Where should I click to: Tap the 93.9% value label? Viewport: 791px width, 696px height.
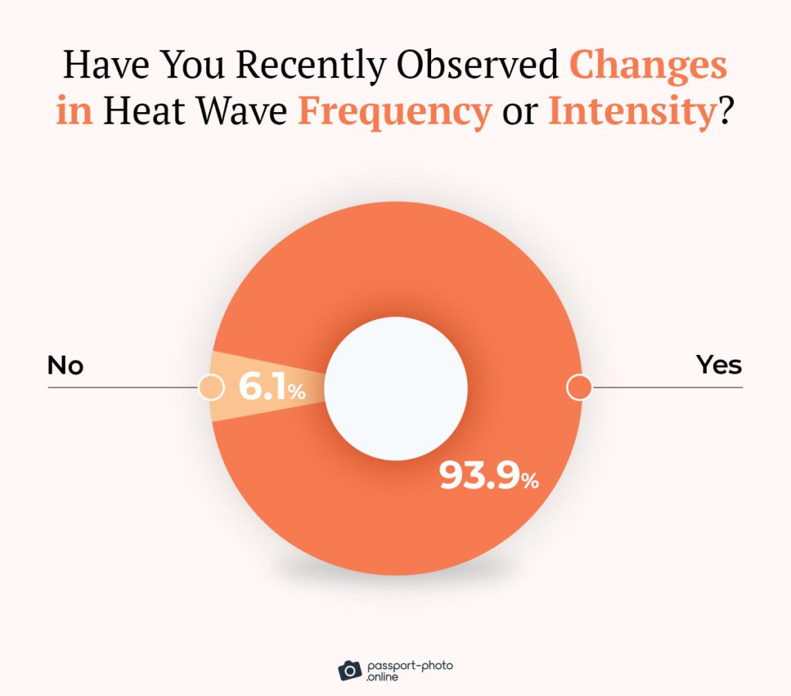pos(488,476)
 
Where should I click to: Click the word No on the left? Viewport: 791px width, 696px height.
pos(66,365)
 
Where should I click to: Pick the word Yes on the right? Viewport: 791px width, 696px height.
pos(718,365)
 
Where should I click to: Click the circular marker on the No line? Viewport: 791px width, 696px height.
pos(210,387)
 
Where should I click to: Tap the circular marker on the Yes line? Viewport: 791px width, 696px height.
pos(579,387)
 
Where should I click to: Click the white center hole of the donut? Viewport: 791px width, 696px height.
pos(395,387)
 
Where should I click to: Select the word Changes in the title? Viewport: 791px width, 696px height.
pos(648,67)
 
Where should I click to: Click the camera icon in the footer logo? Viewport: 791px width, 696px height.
pos(349,670)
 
